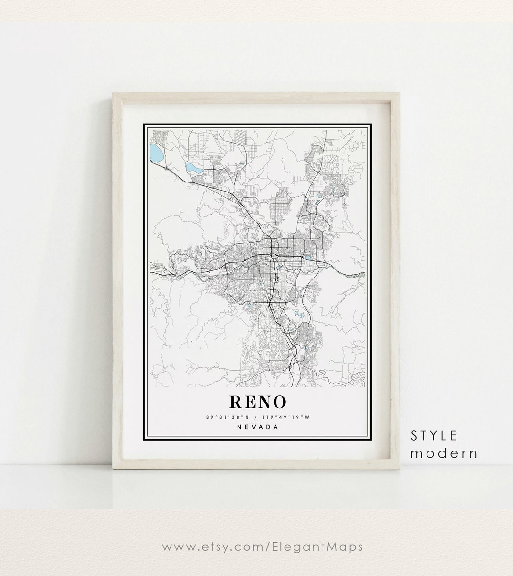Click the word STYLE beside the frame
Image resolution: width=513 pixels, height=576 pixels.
434,435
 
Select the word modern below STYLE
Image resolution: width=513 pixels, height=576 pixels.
444,453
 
